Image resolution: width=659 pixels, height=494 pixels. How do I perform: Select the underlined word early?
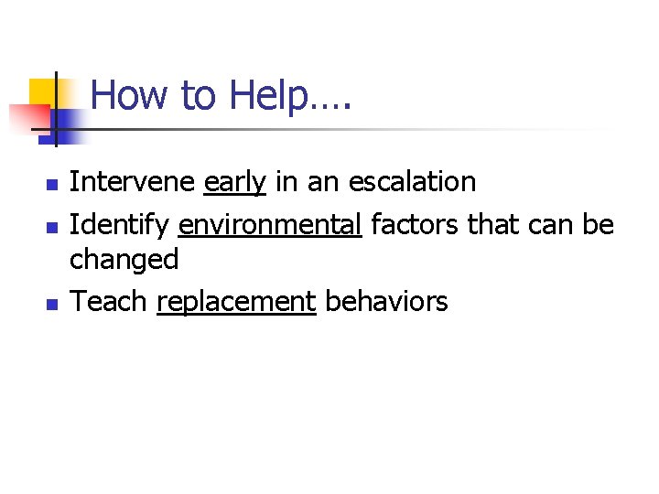(234, 182)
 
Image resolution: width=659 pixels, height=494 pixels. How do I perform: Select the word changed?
(124, 260)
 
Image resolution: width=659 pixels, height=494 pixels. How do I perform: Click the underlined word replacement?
(236, 301)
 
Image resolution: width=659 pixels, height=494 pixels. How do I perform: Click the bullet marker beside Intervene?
(51, 185)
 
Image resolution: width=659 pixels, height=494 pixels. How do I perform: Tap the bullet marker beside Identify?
(51, 224)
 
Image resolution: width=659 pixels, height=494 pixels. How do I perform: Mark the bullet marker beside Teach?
(51, 303)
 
